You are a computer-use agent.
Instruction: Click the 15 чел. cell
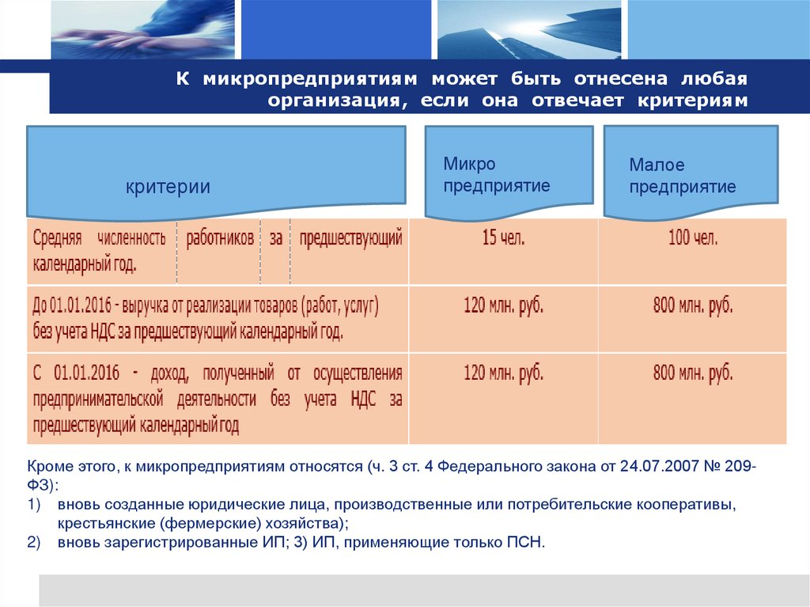[x=503, y=239]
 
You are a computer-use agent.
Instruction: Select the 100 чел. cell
[x=693, y=239]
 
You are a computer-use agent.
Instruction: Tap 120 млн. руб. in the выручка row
[x=503, y=306]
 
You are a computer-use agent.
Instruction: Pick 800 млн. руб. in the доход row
[x=693, y=374]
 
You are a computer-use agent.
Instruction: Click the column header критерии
[x=168, y=187]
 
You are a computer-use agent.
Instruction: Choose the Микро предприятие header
[x=497, y=175]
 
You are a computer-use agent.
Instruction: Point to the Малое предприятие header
[x=682, y=176]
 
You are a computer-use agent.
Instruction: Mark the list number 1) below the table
[x=33, y=505]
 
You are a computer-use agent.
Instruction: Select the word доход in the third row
[x=171, y=372]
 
